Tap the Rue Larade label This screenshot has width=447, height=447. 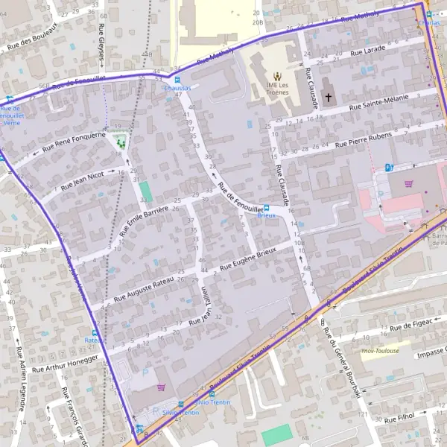tap(370, 50)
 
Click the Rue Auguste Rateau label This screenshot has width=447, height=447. tap(145, 288)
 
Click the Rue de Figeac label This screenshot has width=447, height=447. tap(410, 325)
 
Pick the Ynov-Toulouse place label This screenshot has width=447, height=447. tap(379, 351)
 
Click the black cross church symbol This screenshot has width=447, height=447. tap(328, 98)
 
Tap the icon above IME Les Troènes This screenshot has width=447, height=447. tap(277, 75)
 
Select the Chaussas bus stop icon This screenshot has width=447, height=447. tap(177, 79)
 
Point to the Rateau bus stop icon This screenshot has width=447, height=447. tap(95, 332)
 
